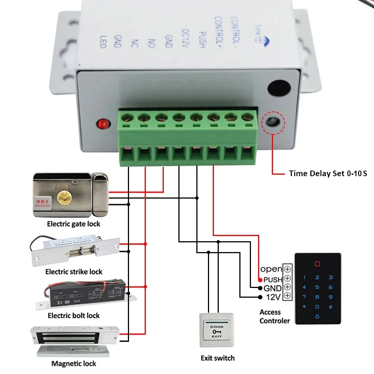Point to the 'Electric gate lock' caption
73,224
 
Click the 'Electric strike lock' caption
74,272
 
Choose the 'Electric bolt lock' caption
74,316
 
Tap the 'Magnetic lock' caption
74,364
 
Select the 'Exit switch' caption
218,358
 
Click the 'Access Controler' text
275,316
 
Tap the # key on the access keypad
330,307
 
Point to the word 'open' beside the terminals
271,269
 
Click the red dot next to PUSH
260,280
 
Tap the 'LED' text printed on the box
104,42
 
